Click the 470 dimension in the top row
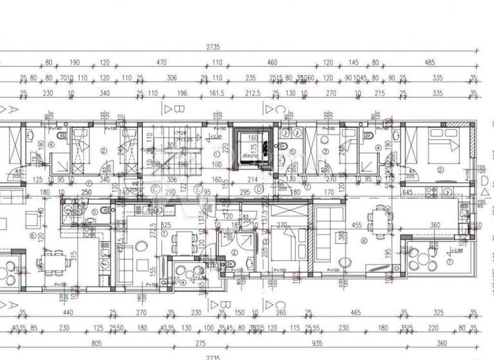pos(161,63)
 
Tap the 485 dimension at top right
pos(430,63)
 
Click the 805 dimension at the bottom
pos(97,343)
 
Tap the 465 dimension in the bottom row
pos(355,313)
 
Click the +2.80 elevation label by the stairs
pos(216,137)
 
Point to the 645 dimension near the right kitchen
pos(425,192)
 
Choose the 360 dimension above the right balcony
pos(435,226)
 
